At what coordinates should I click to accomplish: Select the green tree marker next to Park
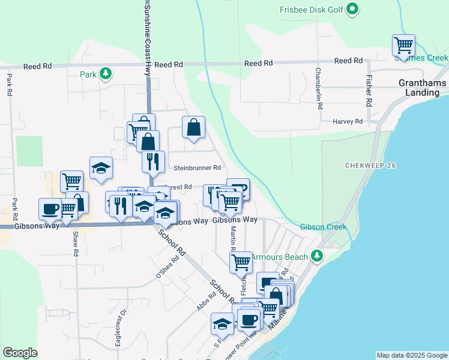(x=106, y=74)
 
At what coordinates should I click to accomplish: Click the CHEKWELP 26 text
(x=370, y=165)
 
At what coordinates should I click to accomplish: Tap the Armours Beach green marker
(x=318, y=257)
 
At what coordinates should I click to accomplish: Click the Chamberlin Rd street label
(x=319, y=88)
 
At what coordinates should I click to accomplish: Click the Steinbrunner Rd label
(x=197, y=168)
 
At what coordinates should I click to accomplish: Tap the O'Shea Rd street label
(x=168, y=268)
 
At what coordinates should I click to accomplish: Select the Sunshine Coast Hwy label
(x=148, y=36)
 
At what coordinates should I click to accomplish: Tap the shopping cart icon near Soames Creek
(x=403, y=44)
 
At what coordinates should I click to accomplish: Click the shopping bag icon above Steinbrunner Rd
(x=193, y=127)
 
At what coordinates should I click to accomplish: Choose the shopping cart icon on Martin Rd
(x=240, y=261)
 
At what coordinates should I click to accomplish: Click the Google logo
(x=20, y=353)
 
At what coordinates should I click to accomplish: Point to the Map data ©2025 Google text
(x=412, y=355)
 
